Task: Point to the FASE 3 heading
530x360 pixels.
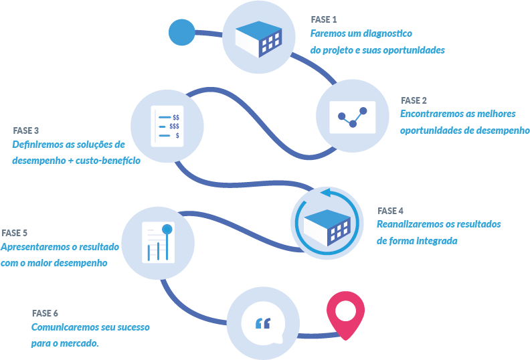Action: click(26, 130)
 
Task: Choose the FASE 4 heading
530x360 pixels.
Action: click(391, 210)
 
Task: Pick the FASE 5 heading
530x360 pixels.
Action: click(15, 233)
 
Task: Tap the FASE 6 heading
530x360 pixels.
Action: click(45, 313)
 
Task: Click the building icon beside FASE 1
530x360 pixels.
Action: click(258, 37)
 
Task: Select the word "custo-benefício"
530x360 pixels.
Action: click(109, 161)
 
